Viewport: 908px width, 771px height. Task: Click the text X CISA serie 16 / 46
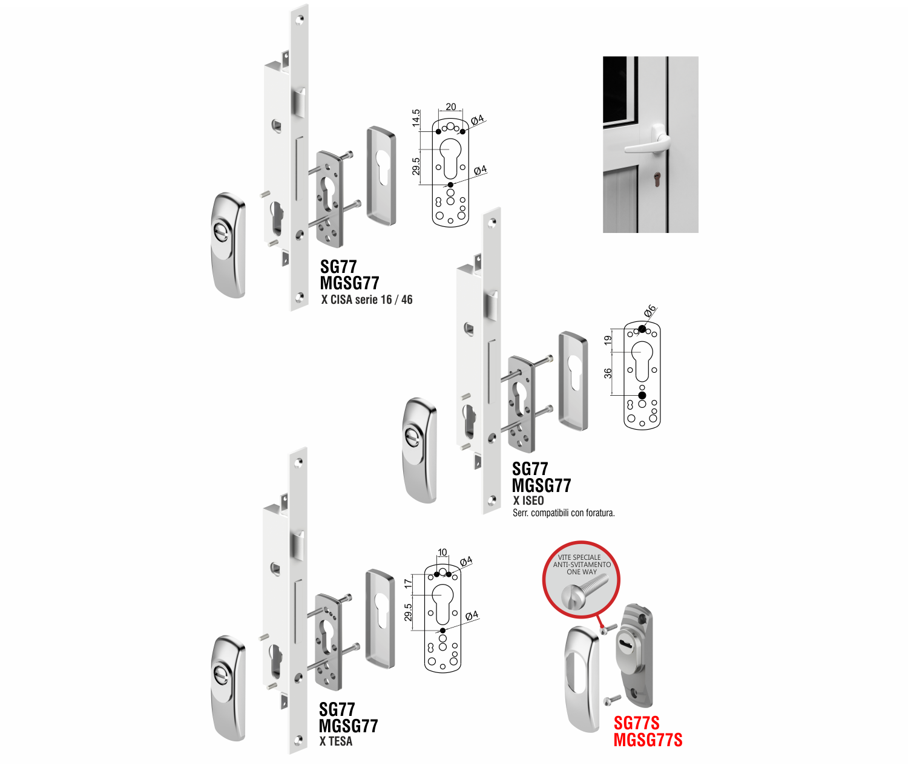(367, 300)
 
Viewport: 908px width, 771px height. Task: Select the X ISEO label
(528, 500)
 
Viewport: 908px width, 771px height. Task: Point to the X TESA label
(335, 741)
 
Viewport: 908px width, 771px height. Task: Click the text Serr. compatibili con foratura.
(564, 513)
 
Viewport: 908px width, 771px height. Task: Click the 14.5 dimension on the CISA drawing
(416, 118)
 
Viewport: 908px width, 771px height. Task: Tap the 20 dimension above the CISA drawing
(451, 107)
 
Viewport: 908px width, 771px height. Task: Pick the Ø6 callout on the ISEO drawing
(650, 310)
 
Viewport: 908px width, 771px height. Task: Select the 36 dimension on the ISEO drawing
(608, 373)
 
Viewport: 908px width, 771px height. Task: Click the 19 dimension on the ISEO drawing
(608, 340)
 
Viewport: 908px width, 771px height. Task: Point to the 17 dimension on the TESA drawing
(408, 583)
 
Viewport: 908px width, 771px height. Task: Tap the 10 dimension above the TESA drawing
(442, 553)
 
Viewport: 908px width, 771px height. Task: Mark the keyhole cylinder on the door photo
(657, 179)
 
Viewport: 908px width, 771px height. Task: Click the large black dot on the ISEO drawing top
(642, 329)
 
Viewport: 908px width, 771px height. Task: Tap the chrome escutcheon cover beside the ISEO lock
(573, 381)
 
